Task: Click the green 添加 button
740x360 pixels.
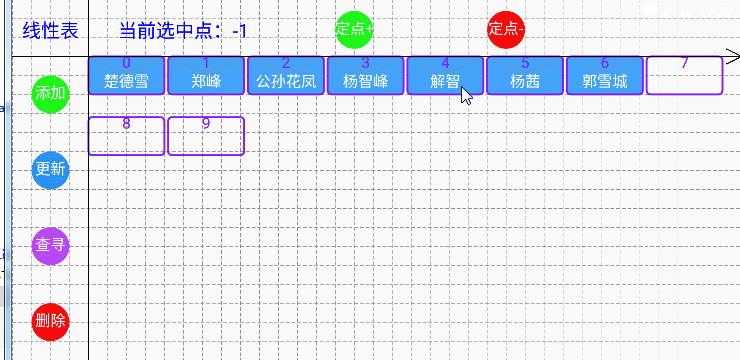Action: (50, 94)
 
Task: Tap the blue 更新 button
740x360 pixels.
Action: (50, 169)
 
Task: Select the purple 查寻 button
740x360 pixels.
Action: (50, 244)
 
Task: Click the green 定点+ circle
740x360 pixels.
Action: (355, 29)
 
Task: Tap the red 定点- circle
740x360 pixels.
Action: (505, 29)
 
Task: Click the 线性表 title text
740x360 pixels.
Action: (51, 31)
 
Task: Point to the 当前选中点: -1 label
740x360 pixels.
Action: (183, 31)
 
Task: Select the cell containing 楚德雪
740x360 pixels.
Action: (126, 75)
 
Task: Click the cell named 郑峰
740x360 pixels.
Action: (206, 75)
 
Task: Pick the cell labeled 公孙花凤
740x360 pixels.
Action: (286, 75)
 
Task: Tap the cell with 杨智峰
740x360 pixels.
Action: (365, 75)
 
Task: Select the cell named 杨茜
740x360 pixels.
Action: (525, 75)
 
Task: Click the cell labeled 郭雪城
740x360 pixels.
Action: (605, 75)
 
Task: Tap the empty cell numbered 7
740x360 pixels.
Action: (684, 75)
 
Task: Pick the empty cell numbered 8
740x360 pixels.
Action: (126, 136)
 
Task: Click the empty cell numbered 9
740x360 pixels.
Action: (206, 136)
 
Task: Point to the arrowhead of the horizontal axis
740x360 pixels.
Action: (731, 56)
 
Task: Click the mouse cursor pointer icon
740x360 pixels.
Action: (466, 95)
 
